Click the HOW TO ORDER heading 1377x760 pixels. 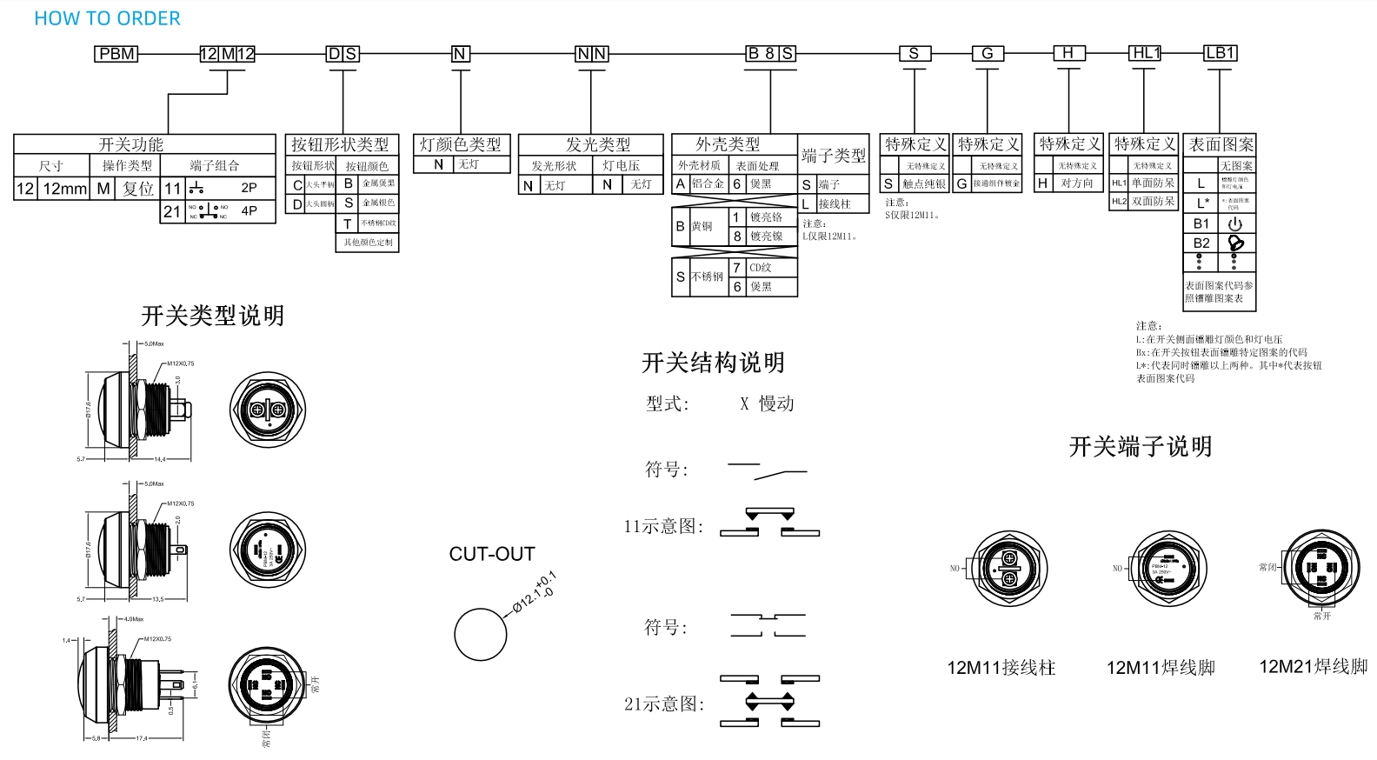[x=107, y=18]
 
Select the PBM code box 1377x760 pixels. [x=116, y=54]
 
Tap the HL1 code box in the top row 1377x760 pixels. [x=1146, y=53]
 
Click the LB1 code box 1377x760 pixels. [x=1220, y=53]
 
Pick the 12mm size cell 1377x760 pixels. [x=65, y=189]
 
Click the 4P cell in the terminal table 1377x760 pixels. [x=249, y=210]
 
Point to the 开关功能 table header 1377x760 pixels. [x=130, y=144]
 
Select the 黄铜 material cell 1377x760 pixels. [x=702, y=226]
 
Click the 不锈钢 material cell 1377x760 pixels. [x=708, y=277]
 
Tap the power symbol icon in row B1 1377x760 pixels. [x=1234, y=223]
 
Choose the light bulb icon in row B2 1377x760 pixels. [x=1235, y=243]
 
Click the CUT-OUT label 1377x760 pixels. [x=492, y=554]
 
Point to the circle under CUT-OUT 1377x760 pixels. [x=480, y=634]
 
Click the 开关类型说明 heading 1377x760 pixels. [x=213, y=316]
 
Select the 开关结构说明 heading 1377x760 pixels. [x=713, y=363]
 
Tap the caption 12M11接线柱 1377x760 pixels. [x=1001, y=668]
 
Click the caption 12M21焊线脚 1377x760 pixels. [x=1313, y=667]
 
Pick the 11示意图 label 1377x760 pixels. [x=663, y=526]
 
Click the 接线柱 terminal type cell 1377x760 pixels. [x=835, y=204]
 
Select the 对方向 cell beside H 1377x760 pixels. [x=1077, y=183]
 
